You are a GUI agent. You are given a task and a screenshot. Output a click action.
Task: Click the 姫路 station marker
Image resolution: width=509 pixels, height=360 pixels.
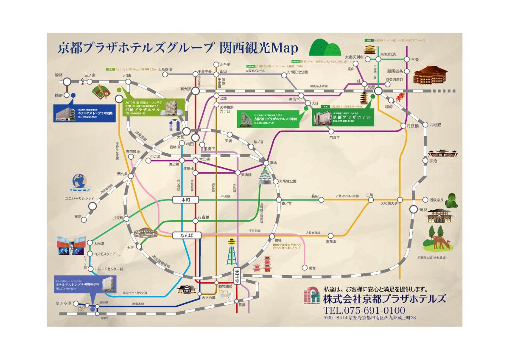67,82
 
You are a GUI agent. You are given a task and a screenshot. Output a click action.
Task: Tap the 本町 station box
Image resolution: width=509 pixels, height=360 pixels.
183,200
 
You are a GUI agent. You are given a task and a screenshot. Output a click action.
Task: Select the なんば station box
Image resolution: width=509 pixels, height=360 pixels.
186,235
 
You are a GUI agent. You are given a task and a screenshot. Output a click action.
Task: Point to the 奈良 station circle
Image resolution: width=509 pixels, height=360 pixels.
414,209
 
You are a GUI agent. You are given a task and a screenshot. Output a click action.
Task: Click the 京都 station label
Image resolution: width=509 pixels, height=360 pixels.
371,87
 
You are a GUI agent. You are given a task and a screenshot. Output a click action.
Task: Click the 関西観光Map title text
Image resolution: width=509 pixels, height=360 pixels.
259,48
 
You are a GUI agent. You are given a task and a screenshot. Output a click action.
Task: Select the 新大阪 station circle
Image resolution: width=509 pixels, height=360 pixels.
196,91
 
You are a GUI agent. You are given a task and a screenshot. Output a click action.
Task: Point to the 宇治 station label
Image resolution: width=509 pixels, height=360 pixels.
433,161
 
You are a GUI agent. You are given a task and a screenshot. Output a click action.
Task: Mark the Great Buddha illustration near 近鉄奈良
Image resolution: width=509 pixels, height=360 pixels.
452,200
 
